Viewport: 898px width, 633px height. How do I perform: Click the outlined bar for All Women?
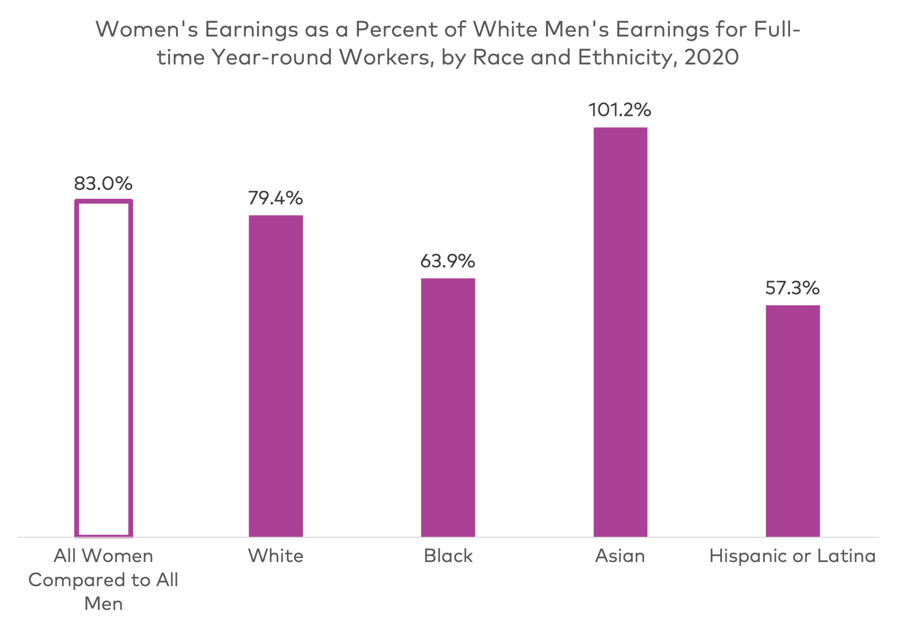[104, 368]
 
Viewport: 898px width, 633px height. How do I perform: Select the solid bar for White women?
[276, 375]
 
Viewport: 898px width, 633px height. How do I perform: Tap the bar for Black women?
[448, 407]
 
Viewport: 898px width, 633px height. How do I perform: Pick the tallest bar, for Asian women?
[620, 333]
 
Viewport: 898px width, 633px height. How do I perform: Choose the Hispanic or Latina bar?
[793, 421]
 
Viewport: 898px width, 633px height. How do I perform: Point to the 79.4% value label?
[276, 198]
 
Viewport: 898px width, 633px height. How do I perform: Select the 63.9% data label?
[448, 261]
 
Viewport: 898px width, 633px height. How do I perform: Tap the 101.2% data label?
[620, 110]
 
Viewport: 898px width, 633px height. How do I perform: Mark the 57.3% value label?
[792, 288]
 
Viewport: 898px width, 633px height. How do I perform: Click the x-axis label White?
[276, 556]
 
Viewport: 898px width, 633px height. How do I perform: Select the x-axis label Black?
[448, 556]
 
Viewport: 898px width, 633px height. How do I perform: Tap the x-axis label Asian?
[620, 556]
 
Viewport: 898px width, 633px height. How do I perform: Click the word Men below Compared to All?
[103, 604]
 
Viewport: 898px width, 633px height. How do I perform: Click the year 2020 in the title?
[712, 57]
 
